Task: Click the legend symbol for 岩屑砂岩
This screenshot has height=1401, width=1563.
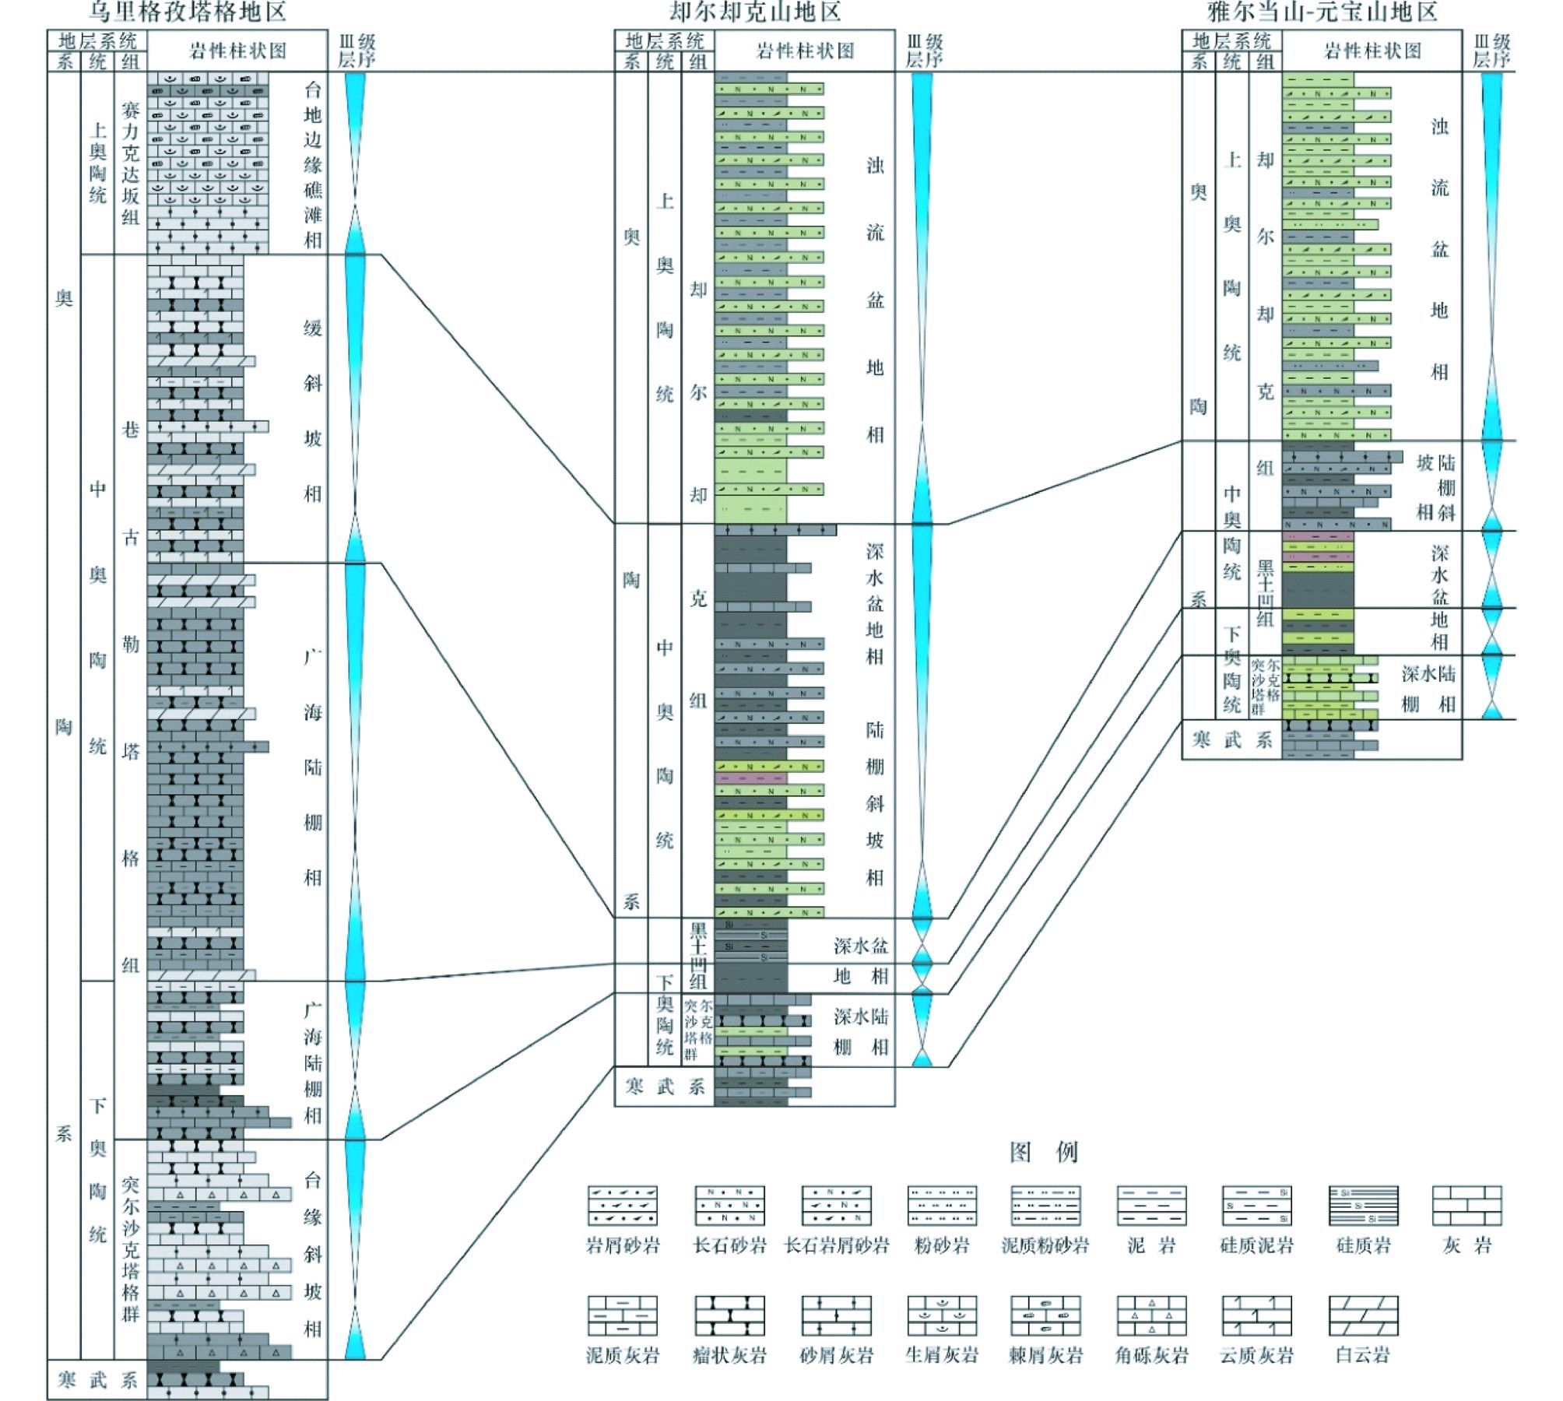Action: [622, 1206]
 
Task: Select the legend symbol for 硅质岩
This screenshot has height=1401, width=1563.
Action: [1363, 1206]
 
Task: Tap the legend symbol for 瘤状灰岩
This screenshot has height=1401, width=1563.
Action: [729, 1315]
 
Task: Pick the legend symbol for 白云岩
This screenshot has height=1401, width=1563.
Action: [1363, 1315]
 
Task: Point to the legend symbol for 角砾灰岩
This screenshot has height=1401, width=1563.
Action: [1151, 1315]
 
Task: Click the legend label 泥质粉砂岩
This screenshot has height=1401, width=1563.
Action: [1045, 1246]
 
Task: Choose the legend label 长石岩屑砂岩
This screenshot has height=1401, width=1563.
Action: [837, 1246]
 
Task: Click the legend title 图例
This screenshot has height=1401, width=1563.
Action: [1043, 1152]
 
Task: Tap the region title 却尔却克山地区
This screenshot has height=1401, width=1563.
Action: [755, 12]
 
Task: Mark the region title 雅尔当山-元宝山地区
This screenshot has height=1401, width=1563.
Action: [1322, 12]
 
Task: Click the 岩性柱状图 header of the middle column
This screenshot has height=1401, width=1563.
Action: [805, 51]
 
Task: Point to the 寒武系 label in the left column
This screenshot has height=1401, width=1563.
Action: [97, 1380]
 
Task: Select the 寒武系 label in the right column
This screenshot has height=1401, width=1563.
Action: [1231, 739]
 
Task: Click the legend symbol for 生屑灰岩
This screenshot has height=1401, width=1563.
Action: [942, 1315]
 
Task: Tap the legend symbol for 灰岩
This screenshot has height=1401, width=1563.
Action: [1467, 1206]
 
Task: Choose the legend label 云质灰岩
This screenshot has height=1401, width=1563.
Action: [1256, 1355]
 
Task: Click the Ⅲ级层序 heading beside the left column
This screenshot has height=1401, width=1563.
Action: [356, 51]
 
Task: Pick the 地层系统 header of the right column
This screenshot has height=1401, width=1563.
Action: [1231, 40]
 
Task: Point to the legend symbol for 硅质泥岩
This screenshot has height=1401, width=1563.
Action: [1256, 1206]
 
